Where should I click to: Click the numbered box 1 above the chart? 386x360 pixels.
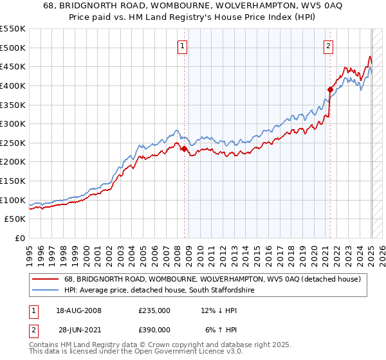tap(183, 46)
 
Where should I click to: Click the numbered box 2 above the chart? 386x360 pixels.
tap(329, 46)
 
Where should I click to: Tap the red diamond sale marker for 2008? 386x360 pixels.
tap(184, 148)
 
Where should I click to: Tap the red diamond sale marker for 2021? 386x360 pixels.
tap(330, 89)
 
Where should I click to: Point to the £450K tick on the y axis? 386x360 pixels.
tap(13, 66)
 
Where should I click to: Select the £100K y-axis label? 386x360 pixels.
tap(13, 200)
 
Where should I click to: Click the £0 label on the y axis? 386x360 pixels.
tap(19, 238)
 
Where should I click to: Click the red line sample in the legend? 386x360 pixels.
tap(46, 279)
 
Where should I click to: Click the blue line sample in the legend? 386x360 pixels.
tap(46, 291)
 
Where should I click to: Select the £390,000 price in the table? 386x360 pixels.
tap(154, 329)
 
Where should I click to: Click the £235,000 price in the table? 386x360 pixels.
tap(154, 311)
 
